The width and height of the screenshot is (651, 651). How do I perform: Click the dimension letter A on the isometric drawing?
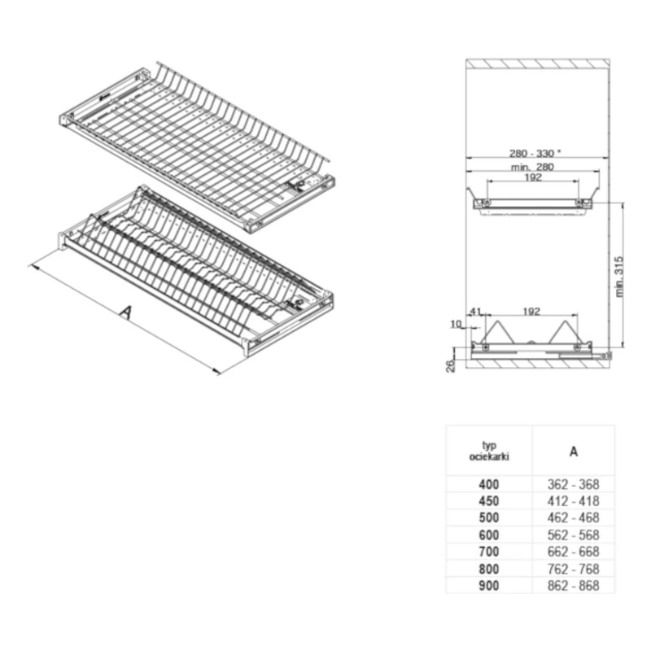126,312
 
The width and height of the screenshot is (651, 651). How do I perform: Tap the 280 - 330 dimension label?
535,153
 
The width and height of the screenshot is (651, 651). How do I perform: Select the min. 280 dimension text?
533,167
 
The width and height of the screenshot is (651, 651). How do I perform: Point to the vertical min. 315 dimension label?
619,277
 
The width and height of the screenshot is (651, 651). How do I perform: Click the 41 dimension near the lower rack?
475,312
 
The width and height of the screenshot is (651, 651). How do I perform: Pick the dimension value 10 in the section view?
456,323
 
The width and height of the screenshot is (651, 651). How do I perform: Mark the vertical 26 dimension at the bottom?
451,365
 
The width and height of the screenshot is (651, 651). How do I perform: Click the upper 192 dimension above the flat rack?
533,177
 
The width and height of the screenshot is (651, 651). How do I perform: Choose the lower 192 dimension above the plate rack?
531,312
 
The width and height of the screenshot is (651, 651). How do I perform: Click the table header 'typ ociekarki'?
489,451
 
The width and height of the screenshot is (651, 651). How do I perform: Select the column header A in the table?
574,452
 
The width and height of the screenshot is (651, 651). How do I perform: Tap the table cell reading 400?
489,484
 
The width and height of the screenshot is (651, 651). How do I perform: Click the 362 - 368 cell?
574,484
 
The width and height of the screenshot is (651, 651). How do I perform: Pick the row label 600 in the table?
489,535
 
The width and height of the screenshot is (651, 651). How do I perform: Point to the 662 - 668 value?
574,552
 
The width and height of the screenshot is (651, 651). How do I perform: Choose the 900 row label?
489,586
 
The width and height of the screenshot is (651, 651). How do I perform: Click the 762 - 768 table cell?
574,569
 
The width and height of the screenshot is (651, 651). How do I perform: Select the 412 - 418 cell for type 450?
574,501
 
